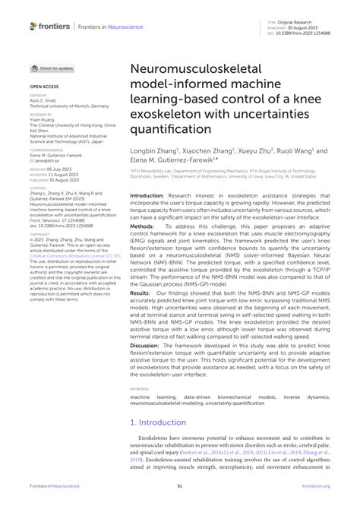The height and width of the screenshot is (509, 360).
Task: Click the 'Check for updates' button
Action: tap(54, 68)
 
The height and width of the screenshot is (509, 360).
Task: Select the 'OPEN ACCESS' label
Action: tap(42, 87)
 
